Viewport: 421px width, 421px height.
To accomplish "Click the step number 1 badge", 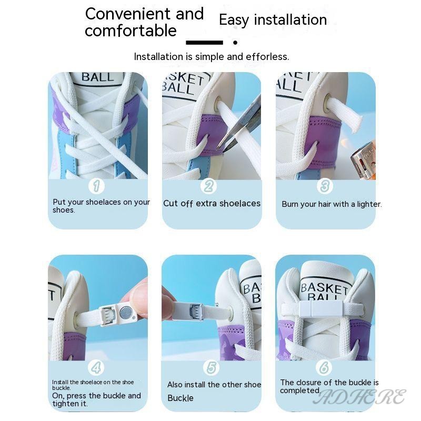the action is (x=96, y=186).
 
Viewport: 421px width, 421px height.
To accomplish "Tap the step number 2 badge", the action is (x=208, y=186).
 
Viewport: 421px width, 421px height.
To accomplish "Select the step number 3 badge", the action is (x=325, y=186).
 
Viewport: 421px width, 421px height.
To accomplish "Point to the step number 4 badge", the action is (x=96, y=367).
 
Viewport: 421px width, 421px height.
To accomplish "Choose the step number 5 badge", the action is (x=212, y=367).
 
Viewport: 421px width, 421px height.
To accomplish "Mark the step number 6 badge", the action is (x=324, y=367).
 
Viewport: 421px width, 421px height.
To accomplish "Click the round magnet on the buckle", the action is (x=125, y=313).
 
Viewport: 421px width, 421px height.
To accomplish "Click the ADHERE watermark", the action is (x=360, y=397).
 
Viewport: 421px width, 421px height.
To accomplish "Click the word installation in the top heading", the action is (x=290, y=20).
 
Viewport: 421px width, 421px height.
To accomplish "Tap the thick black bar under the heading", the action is (x=204, y=43).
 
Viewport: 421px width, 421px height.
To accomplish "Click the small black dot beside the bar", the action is (x=235, y=43).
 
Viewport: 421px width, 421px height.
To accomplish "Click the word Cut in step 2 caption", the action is (x=171, y=204).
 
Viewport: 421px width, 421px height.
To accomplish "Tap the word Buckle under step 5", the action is (x=181, y=398).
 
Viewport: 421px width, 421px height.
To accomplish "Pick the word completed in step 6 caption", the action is (x=300, y=390).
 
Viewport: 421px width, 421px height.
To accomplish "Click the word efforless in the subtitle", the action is (x=267, y=57).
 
